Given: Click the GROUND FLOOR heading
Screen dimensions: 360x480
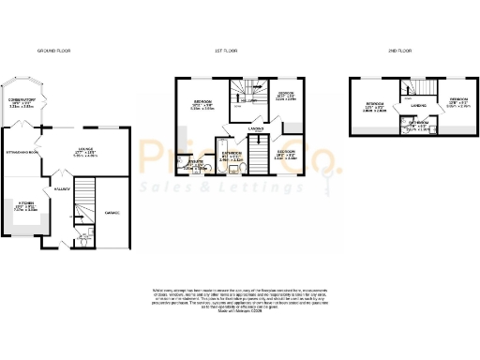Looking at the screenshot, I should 53,50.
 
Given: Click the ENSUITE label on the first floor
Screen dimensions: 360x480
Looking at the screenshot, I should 195,160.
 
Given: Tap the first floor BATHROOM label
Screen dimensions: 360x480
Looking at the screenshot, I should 231,152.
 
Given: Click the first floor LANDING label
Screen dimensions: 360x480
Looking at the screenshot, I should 254,128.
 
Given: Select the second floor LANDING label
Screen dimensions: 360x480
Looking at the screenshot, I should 419,107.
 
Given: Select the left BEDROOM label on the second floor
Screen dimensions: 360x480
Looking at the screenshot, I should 379,103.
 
